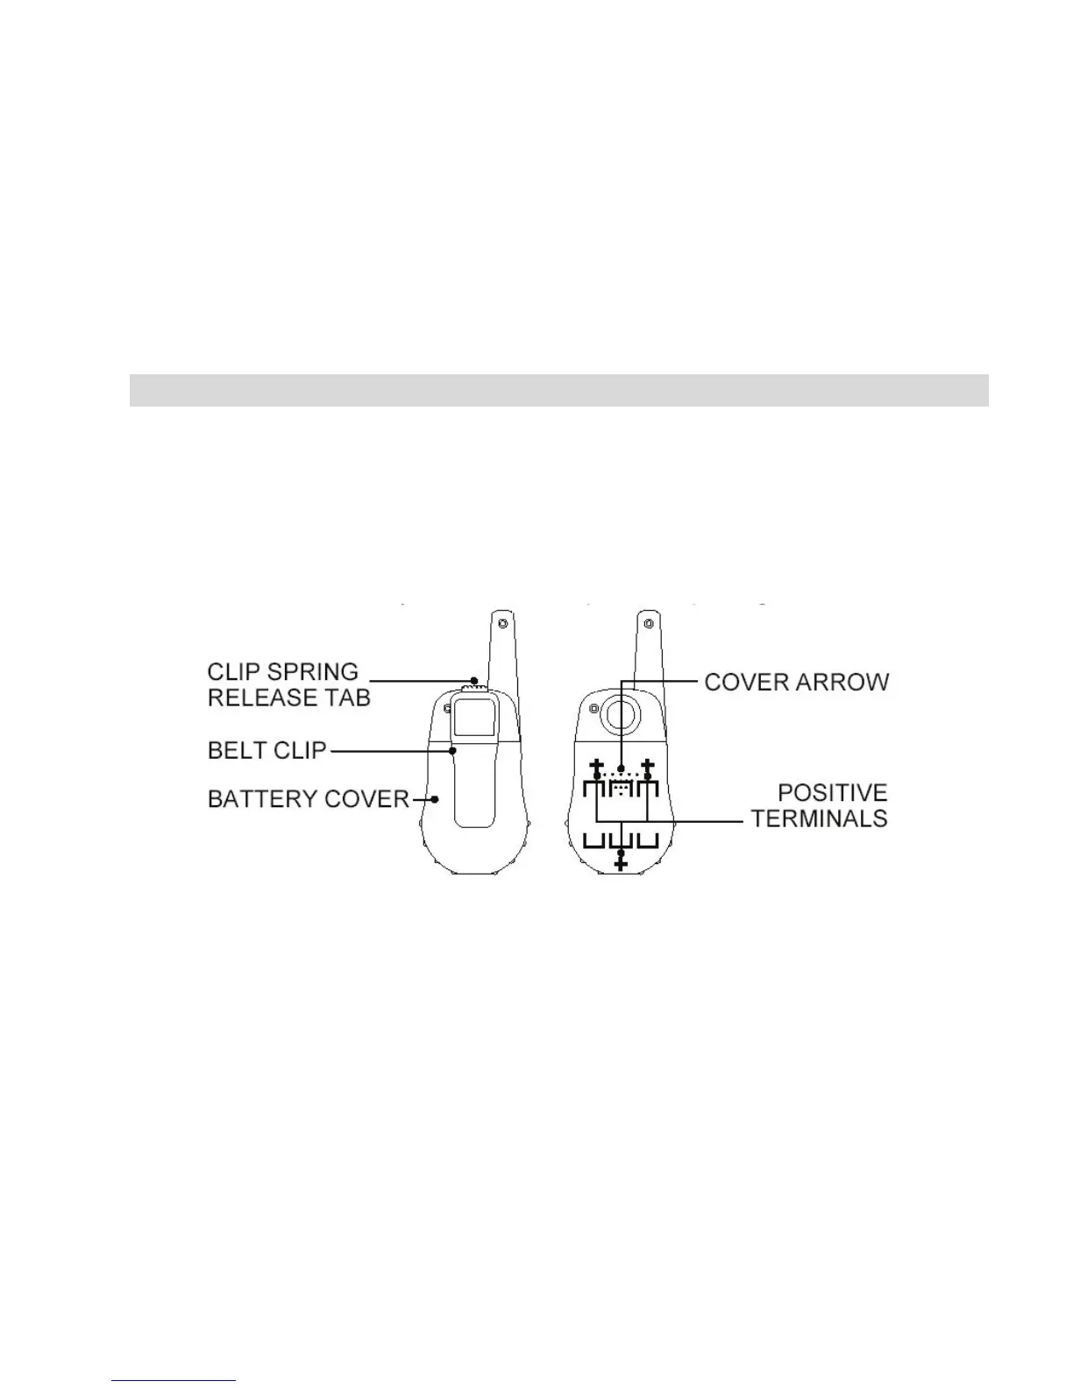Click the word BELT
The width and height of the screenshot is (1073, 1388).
click(232, 751)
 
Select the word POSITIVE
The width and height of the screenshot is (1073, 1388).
click(833, 793)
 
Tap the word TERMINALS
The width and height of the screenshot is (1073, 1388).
click(820, 818)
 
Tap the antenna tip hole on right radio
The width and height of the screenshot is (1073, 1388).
click(648, 624)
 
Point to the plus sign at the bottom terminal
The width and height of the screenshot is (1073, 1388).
click(622, 865)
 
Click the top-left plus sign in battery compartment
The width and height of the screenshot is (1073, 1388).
click(596, 765)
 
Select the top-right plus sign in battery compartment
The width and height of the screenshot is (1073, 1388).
click(648, 765)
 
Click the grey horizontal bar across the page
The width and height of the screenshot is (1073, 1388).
click(558, 390)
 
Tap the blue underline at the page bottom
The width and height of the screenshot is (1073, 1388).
click(174, 1381)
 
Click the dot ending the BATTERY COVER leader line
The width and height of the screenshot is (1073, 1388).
click(435, 799)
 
